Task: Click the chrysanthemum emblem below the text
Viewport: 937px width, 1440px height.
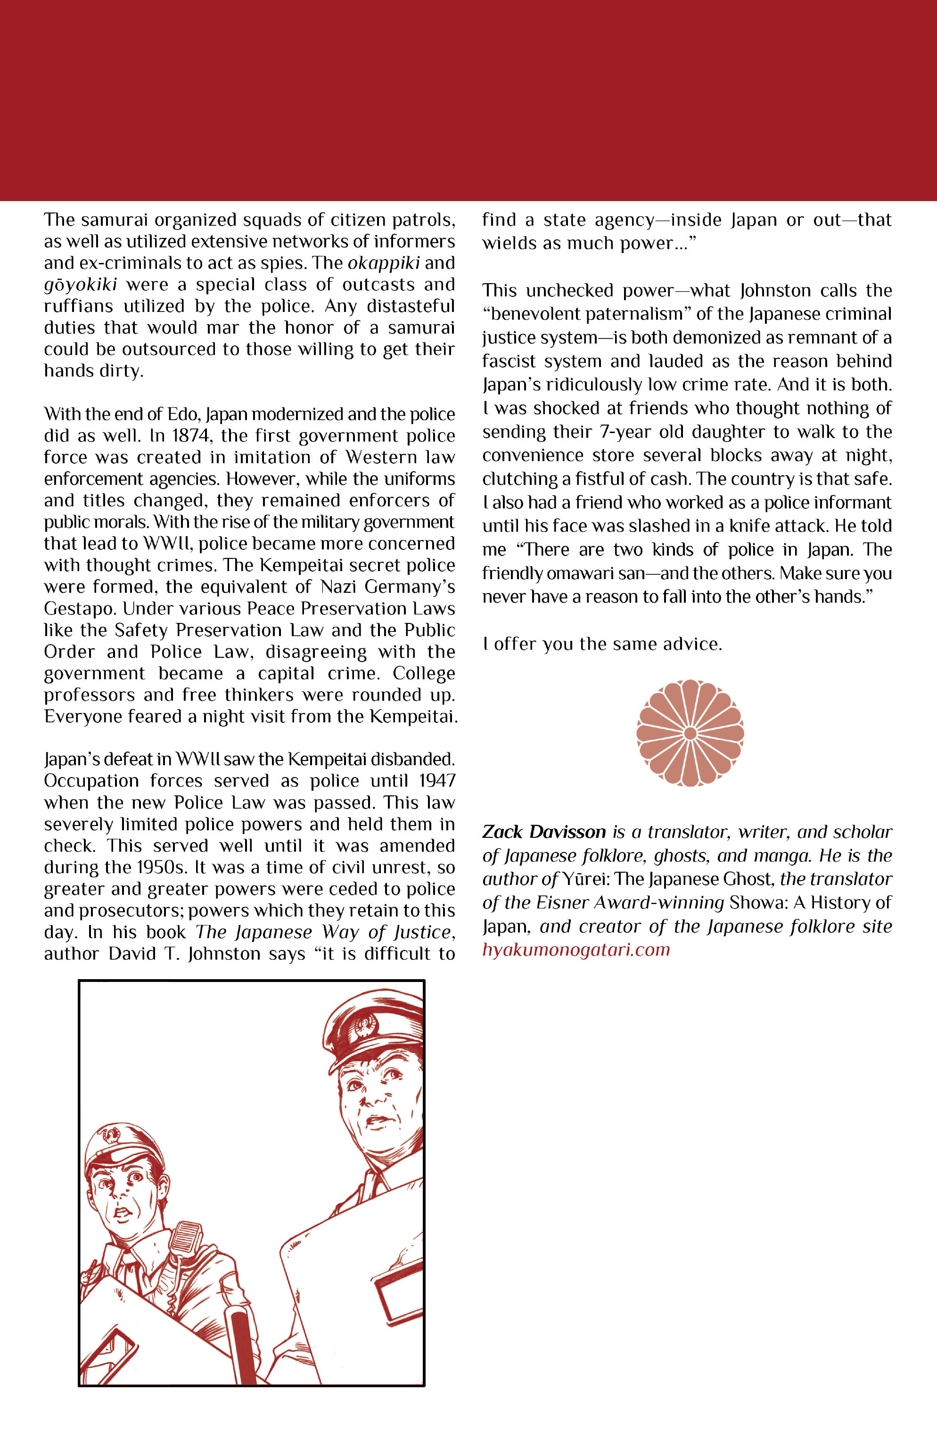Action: pyautogui.click(x=690, y=733)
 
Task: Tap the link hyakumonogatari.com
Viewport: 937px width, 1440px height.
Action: pyautogui.click(x=575, y=949)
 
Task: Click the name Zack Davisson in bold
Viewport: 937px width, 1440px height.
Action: pyautogui.click(x=543, y=832)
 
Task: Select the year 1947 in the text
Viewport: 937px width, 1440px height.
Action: pyautogui.click(x=436, y=780)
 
